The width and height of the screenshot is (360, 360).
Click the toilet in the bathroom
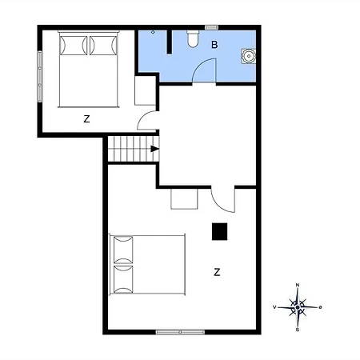point(192,39)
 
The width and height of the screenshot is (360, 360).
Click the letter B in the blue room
point(214,45)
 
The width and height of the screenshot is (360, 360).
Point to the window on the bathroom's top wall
point(211,27)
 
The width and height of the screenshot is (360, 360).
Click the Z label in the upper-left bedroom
point(86,118)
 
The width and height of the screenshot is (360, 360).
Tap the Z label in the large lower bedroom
point(217,272)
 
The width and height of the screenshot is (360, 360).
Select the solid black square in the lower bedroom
point(220,230)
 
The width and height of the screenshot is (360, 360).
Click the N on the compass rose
point(298,286)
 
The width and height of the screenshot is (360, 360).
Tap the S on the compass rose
point(298,327)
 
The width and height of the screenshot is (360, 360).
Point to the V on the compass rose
point(275,307)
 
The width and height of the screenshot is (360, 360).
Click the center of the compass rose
point(298,306)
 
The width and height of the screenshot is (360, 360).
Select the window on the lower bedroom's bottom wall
point(180,331)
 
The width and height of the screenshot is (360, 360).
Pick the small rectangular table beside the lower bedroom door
point(184,198)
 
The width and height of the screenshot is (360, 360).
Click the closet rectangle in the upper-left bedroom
point(145,91)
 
